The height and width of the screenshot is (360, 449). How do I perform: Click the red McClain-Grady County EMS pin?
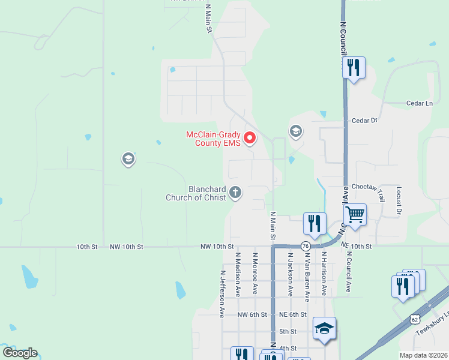[x=249, y=138]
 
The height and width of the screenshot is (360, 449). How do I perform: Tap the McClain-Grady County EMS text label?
[x=213, y=139]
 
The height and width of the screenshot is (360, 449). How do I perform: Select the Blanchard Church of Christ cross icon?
[x=235, y=192]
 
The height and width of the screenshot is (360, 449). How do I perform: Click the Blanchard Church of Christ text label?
[x=199, y=193]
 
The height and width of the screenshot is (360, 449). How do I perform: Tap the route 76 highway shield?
[x=306, y=246]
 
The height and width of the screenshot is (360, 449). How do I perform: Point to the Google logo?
[x=20, y=353]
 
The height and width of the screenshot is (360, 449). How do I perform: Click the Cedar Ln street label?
[x=420, y=103]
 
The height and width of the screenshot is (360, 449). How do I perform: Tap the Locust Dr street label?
[x=399, y=200]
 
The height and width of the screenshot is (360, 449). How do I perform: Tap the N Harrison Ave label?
[x=323, y=273]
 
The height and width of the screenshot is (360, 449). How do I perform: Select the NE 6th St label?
[x=293, y=314]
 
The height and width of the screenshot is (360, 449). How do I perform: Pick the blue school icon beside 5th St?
[x=324, y=328]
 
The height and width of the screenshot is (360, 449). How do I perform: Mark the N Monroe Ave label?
[x=255, y=273]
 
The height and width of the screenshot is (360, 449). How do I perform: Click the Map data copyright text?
[x=423, y=355]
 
